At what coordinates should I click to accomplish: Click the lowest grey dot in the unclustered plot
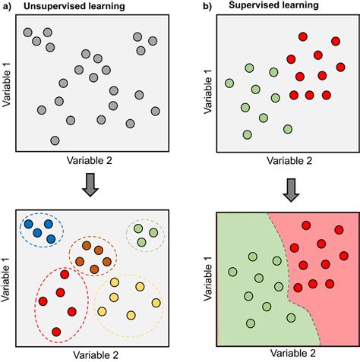(x=55, y=140)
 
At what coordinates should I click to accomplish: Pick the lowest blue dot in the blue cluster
(x=51, y=239)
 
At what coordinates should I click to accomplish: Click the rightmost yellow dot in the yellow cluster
(x=156, y=303)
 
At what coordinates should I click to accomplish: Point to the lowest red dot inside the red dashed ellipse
(x=57, y=332)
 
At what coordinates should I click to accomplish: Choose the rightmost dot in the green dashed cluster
(x=154, y=233)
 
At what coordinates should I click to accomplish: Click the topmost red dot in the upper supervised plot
(x=302, y=36)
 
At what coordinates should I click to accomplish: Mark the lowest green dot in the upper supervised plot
(x=247, y=135)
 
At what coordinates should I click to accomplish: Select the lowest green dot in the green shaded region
(x=251, y=323)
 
